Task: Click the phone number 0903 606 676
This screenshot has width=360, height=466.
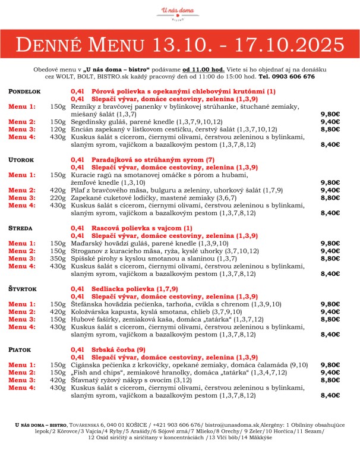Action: (295, 76)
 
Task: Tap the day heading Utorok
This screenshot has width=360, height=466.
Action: (22, 160)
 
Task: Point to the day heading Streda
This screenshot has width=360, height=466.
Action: (20, 228)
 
